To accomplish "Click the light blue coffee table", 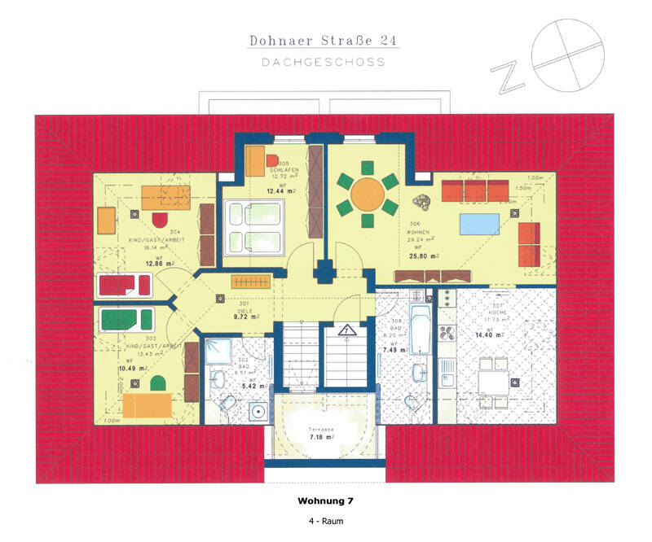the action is click(482, 223).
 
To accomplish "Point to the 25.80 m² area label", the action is click(424, 256).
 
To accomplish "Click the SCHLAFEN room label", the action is click(285, 170).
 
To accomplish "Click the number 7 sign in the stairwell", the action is click(346, 330).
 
